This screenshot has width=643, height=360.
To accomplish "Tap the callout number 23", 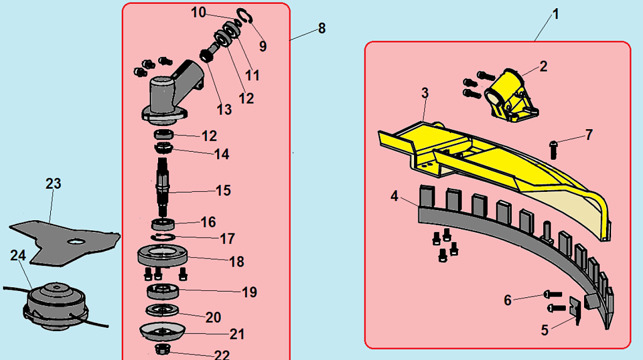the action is coord(53,184).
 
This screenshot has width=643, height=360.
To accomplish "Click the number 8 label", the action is coord(322,28).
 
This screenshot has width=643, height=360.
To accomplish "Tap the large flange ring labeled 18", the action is coord(163,257).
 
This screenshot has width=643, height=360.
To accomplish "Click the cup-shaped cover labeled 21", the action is coord(162,332).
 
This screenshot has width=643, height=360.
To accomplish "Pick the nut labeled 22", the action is coord(163,349).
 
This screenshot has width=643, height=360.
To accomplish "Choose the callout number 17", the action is coord(228,238).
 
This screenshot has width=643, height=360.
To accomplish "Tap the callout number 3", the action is coord(425,93).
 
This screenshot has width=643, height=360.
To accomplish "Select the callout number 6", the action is coord(507,300).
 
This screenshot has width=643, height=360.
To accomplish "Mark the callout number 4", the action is coord(395,196).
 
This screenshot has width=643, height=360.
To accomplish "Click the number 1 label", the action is coord(556,15).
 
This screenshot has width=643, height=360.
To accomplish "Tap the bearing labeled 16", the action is coord(163,225).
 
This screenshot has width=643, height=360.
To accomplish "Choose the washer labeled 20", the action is coord(162,310).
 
